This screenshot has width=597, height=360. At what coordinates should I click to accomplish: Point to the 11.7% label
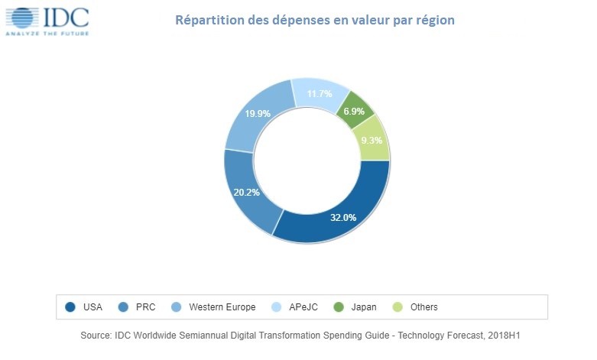coord(319,94)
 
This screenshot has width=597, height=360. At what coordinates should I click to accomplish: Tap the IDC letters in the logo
coord(66,17)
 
